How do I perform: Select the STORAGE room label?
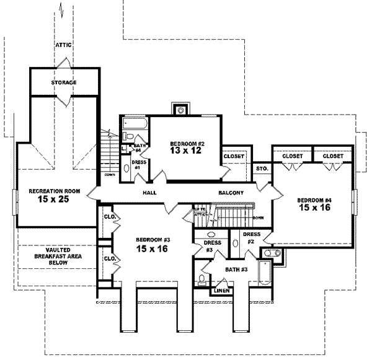[64, 82]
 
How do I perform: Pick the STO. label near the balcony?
[261, 167]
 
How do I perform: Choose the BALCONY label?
[231, 193]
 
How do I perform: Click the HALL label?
[149, 193]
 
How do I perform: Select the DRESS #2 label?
[250, 237]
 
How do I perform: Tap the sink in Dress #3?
[210, 235]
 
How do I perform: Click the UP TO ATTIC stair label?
[200, 211]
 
